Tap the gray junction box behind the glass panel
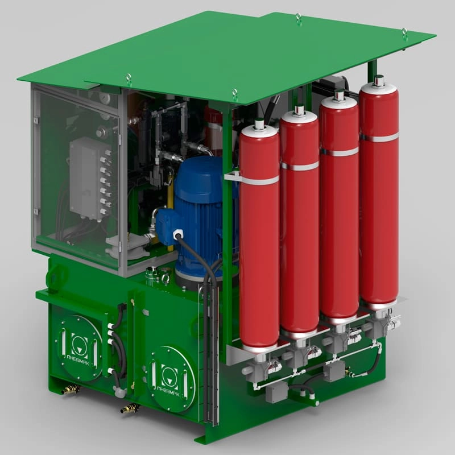(85, 176)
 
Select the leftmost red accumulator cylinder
(259, 239)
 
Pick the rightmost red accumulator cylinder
(378, 193)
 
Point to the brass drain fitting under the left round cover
(71, 390)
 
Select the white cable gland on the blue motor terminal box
(177, 234)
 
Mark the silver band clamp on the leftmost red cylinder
(259, 179)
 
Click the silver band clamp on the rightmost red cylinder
(379, 137)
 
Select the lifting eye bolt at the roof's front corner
(234, 93)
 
